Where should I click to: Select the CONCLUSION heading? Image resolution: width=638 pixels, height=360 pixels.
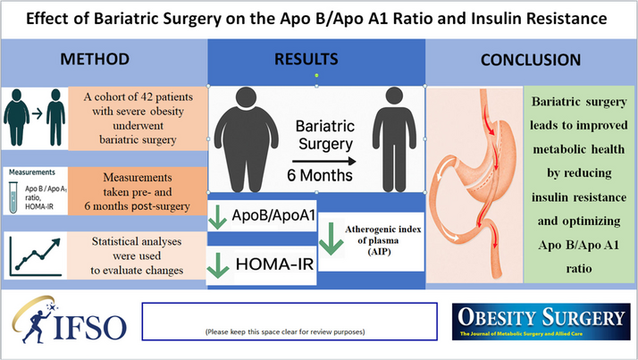tap(532, 61)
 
